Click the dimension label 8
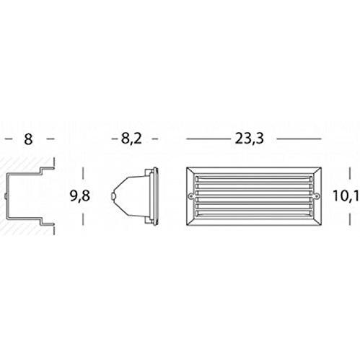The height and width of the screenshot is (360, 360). coord(28,139)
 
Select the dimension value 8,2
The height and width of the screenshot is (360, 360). coord(131,139)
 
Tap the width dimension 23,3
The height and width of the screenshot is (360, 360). coord(249,139)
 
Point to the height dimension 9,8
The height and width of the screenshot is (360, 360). coord(80,196)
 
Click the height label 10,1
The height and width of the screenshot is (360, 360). coord(346,196)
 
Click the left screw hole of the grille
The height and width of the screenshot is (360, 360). coord(191,196)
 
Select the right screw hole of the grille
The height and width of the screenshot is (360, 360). coord(317,196)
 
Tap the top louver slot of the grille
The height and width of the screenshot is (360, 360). coord(254,179)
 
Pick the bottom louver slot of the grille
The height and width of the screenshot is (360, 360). coord(254,213)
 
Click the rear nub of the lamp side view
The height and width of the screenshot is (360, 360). coord(113,196)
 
